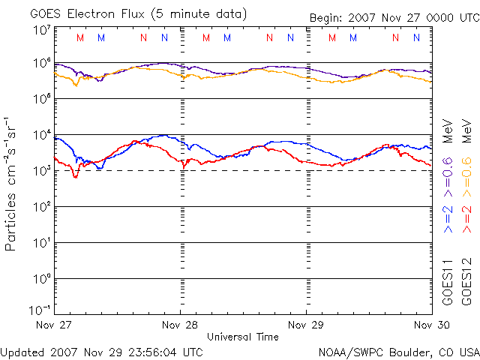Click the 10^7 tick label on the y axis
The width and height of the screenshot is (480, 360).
pyautogui.click(x=41, y=31)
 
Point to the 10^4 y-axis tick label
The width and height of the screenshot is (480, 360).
pyautogui.click(x=41, y=135)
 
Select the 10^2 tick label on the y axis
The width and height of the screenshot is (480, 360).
pyautogui.click(x=41, y=206)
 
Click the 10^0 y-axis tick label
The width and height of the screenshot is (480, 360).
pyautogui.click(x=41, y=278)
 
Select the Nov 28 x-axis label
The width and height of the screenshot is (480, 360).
pyautogui.click(x=181, y=325)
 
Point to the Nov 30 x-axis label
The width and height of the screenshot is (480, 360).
pyautogui.click(x=432, y=325)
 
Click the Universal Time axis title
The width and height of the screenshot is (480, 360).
pyautogui.click(x=243, y=337)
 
